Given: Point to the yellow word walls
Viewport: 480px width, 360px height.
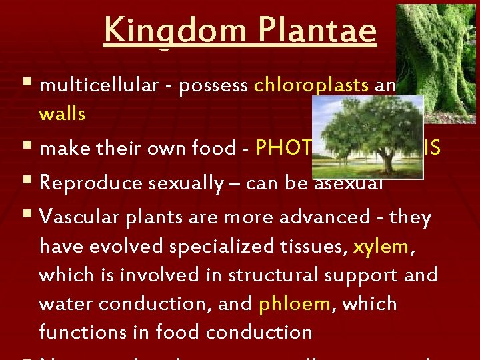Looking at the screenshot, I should [62, 114].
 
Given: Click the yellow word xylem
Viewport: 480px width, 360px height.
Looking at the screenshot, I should [381, 246].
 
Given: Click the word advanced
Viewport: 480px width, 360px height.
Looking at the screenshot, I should [339, 217].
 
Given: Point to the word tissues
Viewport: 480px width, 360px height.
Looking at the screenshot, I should [315, 246].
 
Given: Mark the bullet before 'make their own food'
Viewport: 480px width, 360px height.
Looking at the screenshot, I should [26, 148].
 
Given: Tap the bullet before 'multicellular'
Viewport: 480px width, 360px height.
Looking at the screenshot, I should [26, 85].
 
